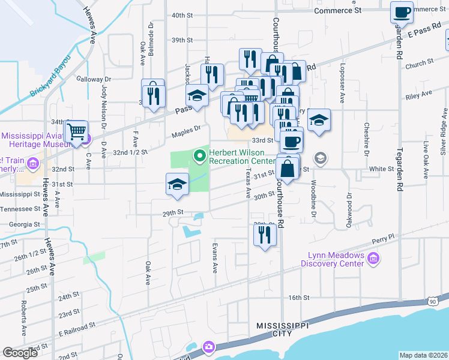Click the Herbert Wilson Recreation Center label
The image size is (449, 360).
click(242, 157)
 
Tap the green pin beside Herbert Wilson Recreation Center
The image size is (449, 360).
click(200, 157)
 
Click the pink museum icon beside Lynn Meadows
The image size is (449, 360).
click(373, 259)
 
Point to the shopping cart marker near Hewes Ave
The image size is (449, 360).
click(76, 131)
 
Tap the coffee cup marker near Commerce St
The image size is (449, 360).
click(402, 11)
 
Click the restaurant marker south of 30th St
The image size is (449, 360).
click(264, 235)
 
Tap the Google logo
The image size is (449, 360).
click(20, 353)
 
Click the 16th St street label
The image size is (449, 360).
click(298, 298)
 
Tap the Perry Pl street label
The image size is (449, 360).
click(382, 239)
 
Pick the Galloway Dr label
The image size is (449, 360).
click(94, 79)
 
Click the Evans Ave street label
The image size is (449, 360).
click(214, 257)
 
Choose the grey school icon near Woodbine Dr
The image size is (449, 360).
click(321, 158)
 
